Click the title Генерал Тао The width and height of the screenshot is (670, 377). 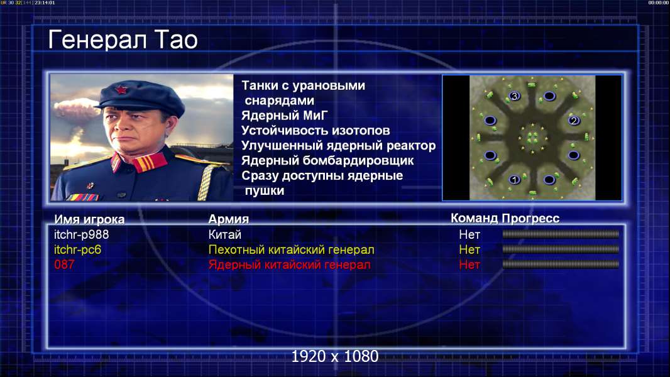[x=123, y=40]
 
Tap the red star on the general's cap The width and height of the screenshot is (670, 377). [x=121, y=89]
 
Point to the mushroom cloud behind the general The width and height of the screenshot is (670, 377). [x=76, y=109]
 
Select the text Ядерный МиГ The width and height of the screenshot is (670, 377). [x=284, y=115]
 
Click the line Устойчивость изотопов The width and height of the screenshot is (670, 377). [x=316, y=130]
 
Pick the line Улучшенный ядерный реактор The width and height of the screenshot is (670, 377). [x=338, y=146]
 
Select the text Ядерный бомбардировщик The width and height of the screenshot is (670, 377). [x=327, y=160]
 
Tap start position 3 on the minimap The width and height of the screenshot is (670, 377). [x=515, y=96]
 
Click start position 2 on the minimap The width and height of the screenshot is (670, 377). [x=574, y=121]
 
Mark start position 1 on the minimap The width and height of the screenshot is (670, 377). [x=515, y=180]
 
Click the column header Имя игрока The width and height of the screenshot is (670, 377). [x=89, y=219]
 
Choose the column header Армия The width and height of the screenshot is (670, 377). [x=229, y=219]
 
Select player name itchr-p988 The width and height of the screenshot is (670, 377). [x=81, y=234]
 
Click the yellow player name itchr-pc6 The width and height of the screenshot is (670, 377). [x=78, y=249]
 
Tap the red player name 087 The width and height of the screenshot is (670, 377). [x=64, y=265]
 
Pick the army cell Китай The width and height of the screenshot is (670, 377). [x=225, y=234]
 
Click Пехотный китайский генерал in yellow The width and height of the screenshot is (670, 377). [x=292, y=249]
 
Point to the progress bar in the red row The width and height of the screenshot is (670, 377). [x=561, y=265]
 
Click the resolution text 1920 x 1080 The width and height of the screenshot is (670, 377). [x=335, y=356]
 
